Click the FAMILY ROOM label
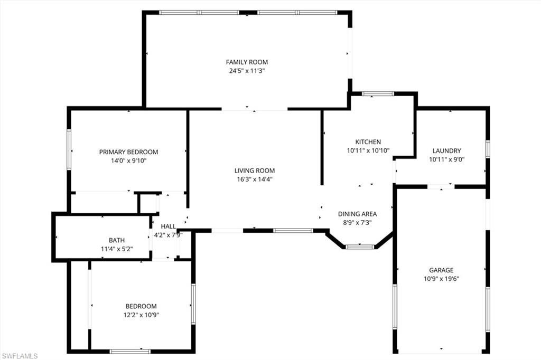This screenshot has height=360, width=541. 247,62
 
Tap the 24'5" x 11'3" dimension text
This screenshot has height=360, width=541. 247,70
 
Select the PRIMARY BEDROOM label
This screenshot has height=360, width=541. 128,152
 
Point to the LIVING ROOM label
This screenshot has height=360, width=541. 255,170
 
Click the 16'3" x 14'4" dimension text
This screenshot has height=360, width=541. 255,179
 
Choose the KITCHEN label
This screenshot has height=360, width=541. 368,142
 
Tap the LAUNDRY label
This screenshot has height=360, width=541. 446,150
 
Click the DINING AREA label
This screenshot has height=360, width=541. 357,214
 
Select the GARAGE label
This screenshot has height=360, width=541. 441,270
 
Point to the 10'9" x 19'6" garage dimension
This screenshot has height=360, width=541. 441,279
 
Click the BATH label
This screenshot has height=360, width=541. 117,240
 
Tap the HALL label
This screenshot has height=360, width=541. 168,226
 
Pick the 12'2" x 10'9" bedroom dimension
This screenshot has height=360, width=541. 141,315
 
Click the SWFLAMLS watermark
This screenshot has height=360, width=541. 20,356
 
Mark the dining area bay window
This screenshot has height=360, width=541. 360,246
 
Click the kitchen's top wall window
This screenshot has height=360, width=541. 378,94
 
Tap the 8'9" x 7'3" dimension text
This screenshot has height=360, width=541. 357,222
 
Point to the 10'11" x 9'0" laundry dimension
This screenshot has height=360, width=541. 446,159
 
